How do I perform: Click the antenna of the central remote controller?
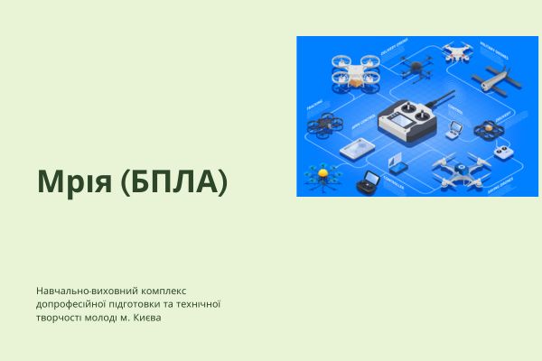(443, 99)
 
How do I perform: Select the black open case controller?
(367, 186)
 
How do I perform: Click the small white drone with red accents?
(458, 52)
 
